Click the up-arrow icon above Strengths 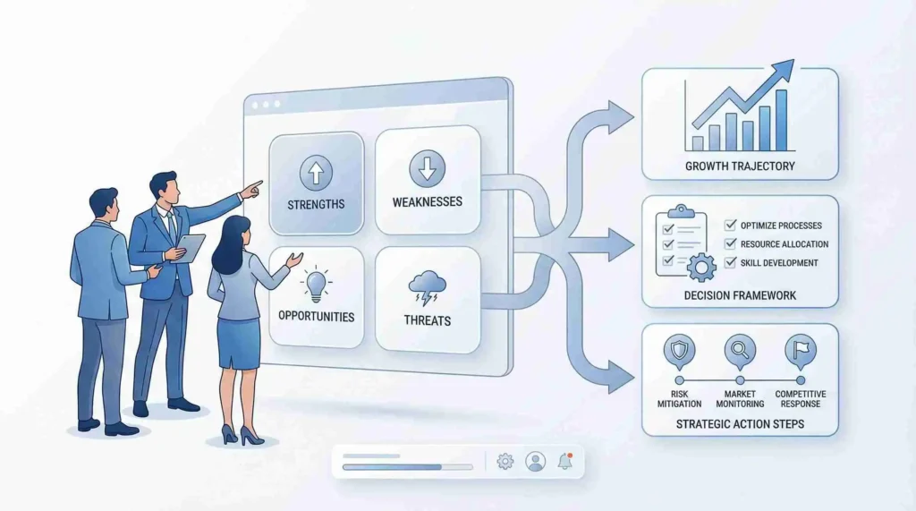tap(316, 173)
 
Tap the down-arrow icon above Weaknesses tap(427, 168)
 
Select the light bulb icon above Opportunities tap(316, 285)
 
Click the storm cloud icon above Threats tap(427, 288)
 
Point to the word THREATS tap(427, 321)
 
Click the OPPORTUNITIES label tap(316, 317)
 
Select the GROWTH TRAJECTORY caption tap(740, 166)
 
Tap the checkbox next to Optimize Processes tap(730, 225)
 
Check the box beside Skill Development tap(730, 262)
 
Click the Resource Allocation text tap(784, 244)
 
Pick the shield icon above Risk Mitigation tap(679, 352)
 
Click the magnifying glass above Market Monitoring tap(740, 352)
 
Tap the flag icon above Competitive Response tap(801, 352)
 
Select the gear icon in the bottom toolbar tap(505, 461)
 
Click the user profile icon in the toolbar tap(535, 461)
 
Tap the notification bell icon tap(565, 461)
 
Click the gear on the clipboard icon tap(701, 268)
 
